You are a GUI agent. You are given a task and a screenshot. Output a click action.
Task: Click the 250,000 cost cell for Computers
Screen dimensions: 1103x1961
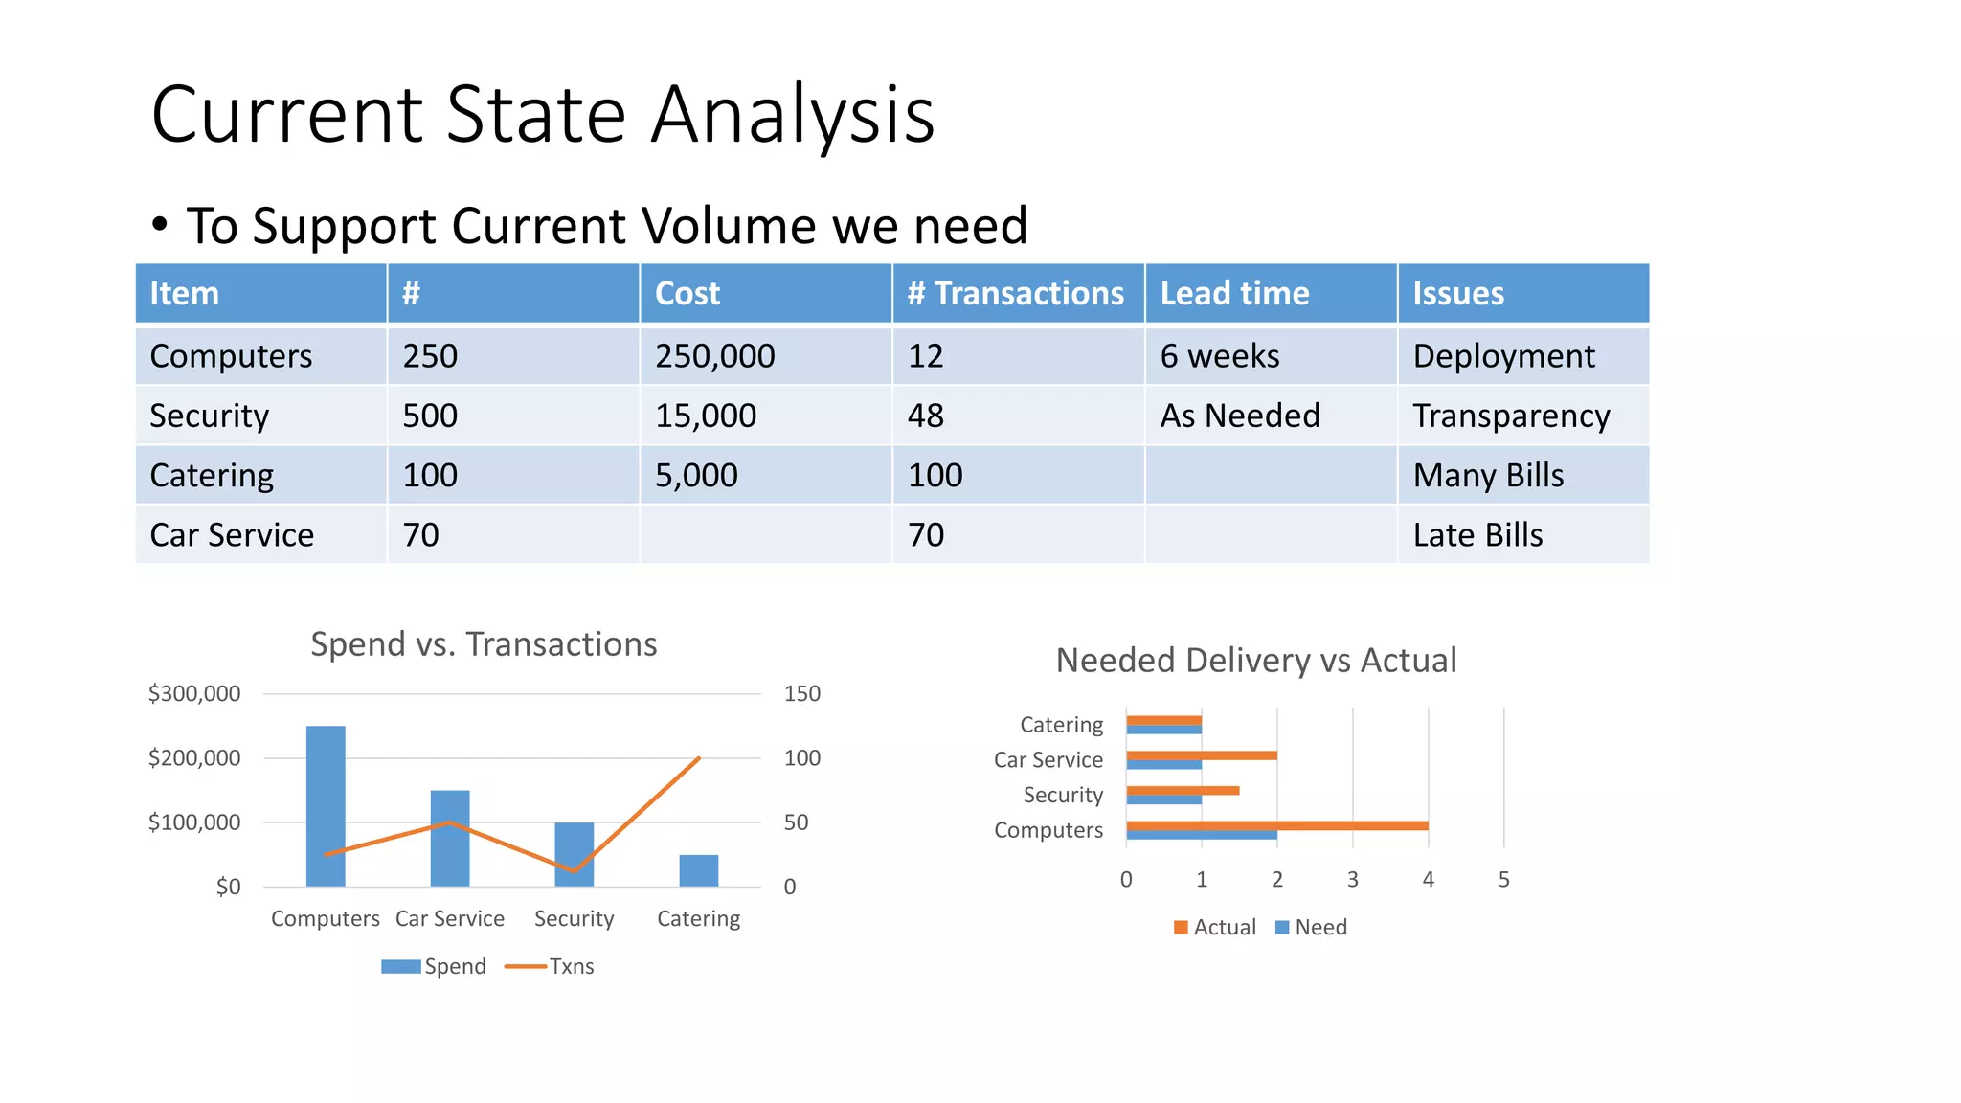point(714,356)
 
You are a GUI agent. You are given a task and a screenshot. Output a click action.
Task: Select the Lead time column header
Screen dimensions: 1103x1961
point(1234,293)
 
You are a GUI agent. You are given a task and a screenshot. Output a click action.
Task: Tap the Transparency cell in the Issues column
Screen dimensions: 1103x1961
point(1511,416)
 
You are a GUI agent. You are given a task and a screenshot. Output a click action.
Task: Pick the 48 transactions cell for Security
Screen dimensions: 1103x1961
point(926,416)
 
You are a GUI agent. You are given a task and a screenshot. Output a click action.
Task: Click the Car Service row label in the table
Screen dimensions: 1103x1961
point(232,534)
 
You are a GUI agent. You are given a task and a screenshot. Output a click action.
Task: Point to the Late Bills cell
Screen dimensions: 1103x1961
point(1477,534)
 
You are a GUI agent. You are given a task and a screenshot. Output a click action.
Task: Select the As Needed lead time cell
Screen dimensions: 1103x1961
point(1240,416)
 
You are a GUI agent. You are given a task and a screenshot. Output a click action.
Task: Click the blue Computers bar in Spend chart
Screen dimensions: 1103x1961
point(326,805)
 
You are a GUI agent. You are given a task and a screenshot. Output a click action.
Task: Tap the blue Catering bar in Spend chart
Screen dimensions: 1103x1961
point(698,870)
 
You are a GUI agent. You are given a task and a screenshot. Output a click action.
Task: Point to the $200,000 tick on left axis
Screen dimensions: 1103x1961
point(194,758)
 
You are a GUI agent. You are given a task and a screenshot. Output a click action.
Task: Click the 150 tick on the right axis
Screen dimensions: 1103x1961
point(801,693)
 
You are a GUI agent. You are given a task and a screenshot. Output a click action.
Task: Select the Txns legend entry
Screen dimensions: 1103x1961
point(551,966)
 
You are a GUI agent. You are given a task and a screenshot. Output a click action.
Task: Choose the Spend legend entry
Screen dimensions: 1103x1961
point(435,966)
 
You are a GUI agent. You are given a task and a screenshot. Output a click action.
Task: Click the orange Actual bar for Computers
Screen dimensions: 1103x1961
point(1276,825)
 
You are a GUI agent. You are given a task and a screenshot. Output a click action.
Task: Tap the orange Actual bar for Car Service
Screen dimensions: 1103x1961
point(1201,755)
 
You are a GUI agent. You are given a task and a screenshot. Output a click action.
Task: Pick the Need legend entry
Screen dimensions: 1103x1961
point(1311,927)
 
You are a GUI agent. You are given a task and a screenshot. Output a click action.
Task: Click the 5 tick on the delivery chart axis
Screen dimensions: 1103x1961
point(1503,879)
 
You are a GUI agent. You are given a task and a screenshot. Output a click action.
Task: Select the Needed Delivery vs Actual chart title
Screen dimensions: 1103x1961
point(1255,661)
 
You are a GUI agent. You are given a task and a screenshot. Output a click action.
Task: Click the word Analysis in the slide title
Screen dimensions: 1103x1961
point(792,115)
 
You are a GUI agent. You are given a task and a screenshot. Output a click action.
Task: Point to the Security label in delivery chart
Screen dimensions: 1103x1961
point(1063,795)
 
